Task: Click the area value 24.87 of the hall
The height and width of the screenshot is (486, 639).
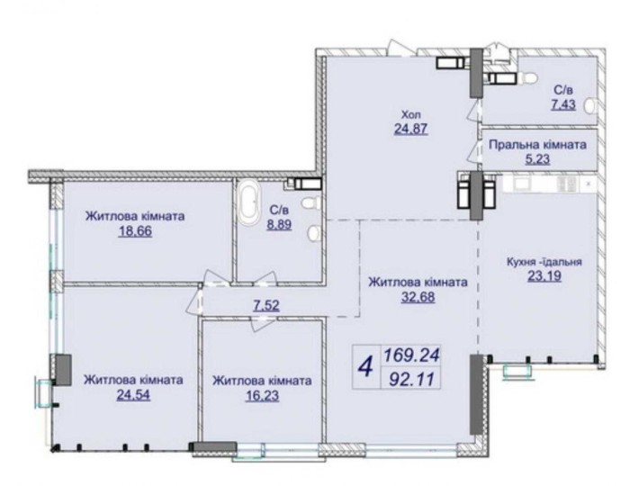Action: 410,129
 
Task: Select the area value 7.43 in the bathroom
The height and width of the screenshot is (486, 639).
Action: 563,104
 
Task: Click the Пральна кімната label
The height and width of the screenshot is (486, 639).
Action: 537,145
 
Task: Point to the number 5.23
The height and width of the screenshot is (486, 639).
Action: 537,159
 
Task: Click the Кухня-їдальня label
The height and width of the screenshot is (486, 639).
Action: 544,262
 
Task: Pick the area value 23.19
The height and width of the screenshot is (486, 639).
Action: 544,276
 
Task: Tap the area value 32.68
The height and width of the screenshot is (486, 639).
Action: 418,297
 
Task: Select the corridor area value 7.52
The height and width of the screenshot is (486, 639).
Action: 266,305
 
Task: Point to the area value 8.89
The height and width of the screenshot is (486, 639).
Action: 279,224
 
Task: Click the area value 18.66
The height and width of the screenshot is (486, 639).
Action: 135,231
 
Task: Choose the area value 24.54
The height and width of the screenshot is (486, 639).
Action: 133,395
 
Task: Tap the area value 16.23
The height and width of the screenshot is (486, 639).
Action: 262,396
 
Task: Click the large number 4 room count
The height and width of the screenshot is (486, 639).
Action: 365,366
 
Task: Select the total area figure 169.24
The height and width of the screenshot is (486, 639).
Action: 410,356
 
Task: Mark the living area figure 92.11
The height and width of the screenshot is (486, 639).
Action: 409,379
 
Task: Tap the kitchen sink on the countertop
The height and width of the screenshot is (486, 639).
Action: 521,184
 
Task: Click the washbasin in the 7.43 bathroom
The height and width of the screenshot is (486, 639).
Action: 589,107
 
